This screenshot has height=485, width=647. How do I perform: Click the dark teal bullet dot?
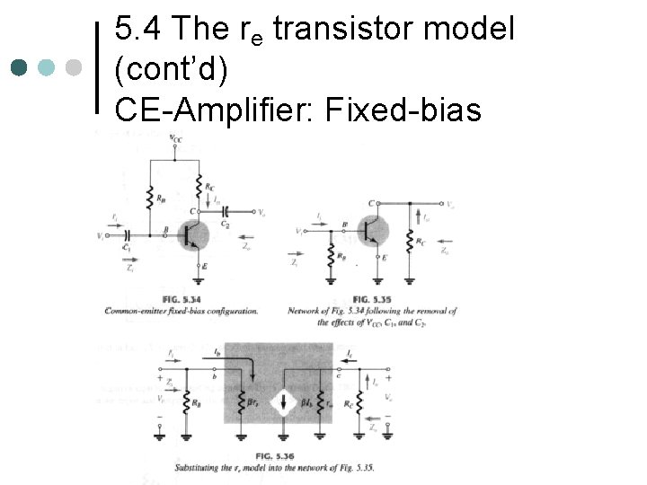pyautogui.click(x=21, y=67)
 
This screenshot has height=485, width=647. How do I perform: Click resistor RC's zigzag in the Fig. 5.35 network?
pyautogui.click(x=411, y=244)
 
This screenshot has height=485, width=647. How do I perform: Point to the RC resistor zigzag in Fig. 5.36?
pyautogui.click(x=360, y=401)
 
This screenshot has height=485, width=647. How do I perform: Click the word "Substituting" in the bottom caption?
pyautogui.click(x=203, y=469)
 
